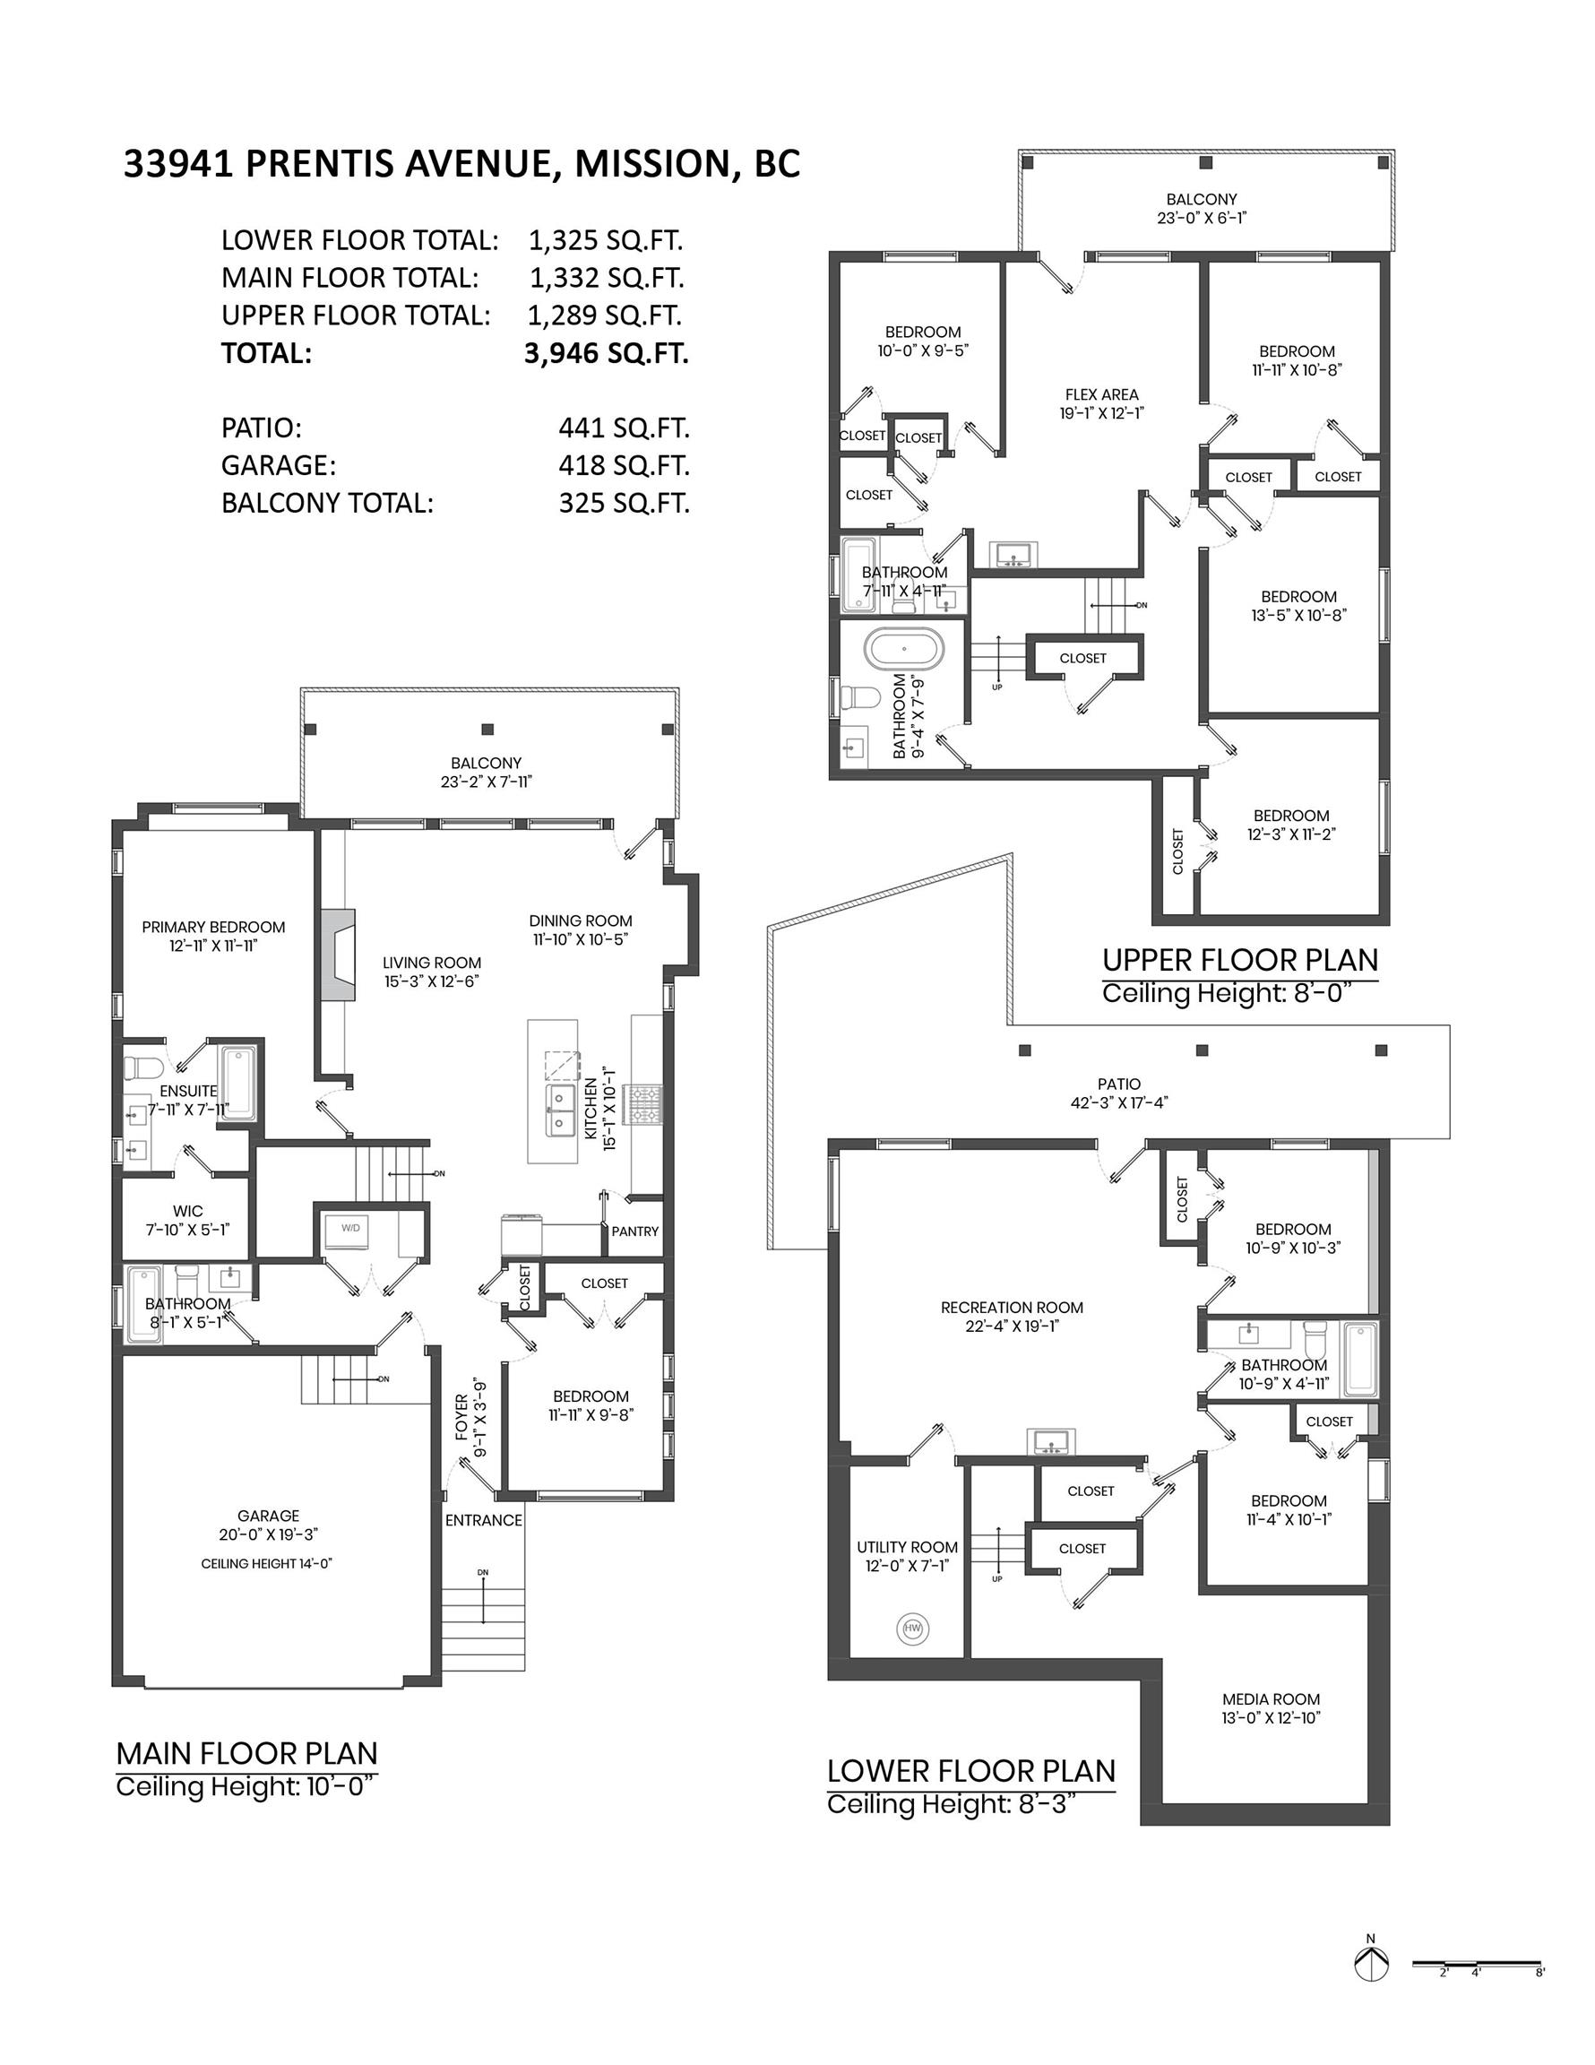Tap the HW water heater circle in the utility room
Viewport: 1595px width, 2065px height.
[x=912, y=1629]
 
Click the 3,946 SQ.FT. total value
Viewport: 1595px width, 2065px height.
[x=606, y=354]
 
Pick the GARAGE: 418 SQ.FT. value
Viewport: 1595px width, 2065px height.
[x=624, y=465]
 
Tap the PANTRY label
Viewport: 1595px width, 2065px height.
[x=635, y=1231]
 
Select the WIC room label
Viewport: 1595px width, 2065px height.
[x=188, y=1211]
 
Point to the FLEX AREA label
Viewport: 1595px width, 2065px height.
[x=1101, y=394]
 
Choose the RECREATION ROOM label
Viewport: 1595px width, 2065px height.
[x=1012, y=1308]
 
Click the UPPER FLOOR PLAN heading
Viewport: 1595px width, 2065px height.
[x=1240, y=960]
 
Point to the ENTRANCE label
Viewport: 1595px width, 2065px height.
[x=484, y=1520]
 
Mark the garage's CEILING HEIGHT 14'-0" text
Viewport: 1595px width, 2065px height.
[x=267, y=1564]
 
